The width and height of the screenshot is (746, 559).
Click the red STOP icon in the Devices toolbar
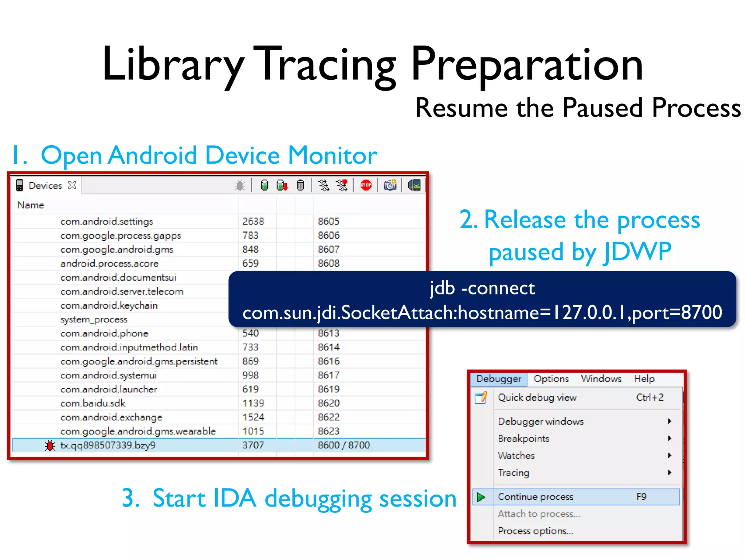point(366,185)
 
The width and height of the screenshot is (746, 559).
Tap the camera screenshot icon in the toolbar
point(390,185)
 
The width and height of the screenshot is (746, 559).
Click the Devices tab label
point(46,186)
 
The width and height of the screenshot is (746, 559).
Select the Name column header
point(31,205)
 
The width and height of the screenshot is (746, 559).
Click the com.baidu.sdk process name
point(93,403)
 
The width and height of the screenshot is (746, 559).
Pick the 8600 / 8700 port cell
point(343,445)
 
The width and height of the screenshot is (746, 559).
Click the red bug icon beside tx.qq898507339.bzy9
point(50,445)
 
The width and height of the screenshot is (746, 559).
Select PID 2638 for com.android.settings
point(253,221)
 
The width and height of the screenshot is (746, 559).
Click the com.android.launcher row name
point(109,389)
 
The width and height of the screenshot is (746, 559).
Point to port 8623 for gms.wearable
point(328,431)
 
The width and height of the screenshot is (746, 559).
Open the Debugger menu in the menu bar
point(498,379)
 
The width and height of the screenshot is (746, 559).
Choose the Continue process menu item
point(535,497)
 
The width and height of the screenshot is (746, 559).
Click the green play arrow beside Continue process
point(481,497)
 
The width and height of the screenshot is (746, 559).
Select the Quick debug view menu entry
point(537,397)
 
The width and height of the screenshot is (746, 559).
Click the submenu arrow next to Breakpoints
point(670,439)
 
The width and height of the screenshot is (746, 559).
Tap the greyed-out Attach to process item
point(539,514)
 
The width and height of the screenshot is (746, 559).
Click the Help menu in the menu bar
point(644,379)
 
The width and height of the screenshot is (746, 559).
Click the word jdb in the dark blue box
point(442,289)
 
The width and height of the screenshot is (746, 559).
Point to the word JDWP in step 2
point(637,252)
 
